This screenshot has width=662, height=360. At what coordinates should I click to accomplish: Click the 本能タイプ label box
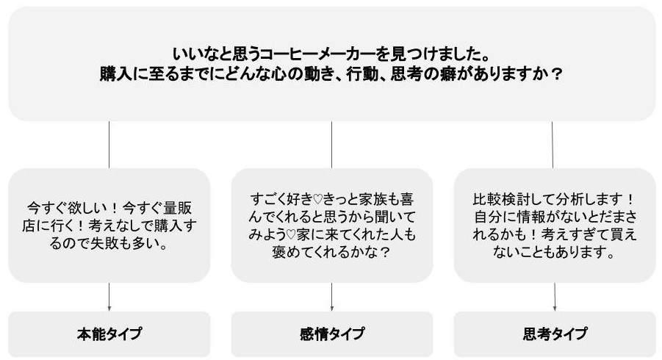pyautogui.click(x=109, y=334)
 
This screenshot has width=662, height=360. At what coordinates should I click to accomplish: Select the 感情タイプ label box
pyautogui.click(x=332, y=334)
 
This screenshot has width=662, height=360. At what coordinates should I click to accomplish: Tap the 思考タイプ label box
pyautogui.click(x=555, y=334)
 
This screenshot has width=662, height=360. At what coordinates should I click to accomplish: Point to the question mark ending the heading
pyautogui.click(x=557, y=75)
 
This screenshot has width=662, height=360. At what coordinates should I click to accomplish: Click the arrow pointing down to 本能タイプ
pyautogui.click(x=109, y=297)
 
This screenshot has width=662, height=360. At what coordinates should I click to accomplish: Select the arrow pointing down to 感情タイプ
pyautogui.click(x=332, y=297)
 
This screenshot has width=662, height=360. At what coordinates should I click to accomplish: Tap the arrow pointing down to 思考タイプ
pyautogui.click(x=554, y=297)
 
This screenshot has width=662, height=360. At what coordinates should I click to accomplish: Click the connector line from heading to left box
pyautogui.click(x=109, y=145)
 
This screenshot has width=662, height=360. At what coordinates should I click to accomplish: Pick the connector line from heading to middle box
pyautogui.click(x=331, y=145)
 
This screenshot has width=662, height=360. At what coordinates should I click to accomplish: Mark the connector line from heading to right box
pyautogui.click(x=553, y=145)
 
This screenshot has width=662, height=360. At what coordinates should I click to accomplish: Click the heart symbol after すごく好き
pyautogui.click(x=317, y=199)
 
